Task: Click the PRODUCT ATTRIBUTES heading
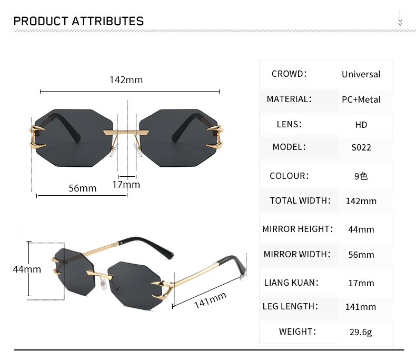pos(78,21)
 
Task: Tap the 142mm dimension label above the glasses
pos(126,80)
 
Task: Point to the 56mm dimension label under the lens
pos(83,188)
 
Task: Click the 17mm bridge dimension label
pos(126,184)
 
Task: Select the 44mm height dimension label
pos(27,269)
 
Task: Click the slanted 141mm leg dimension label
pos(210,301)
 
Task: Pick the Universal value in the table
pos(361,74)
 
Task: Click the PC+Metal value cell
pos(361,99)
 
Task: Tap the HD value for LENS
pos(361,125)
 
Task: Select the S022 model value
pos(361,147)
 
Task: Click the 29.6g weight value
pos(361,332)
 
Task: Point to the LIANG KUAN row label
pos(291,283)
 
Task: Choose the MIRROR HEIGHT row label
pos(298,229)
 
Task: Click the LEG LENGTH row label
pos(290,306)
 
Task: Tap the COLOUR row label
pos(289,176)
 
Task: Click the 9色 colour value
pos(361,176)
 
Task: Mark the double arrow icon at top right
pos(400,20)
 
